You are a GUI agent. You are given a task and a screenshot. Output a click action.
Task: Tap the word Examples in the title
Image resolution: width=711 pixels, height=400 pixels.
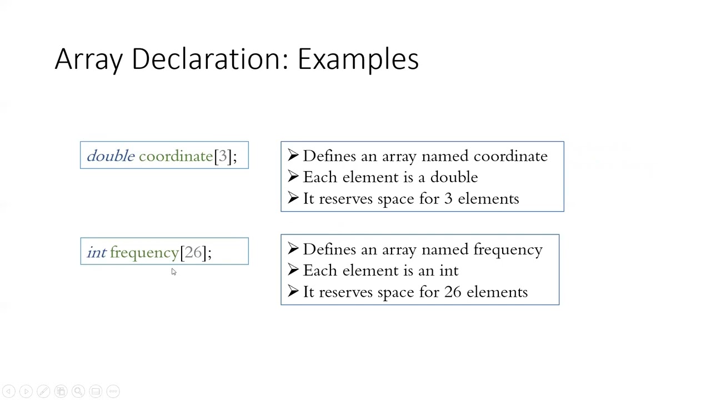[x=358, y=59]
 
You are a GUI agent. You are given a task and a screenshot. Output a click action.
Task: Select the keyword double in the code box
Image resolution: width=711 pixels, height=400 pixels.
[x=111, y=156]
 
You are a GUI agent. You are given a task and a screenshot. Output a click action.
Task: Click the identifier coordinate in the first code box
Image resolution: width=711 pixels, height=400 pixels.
[x=176, y=156]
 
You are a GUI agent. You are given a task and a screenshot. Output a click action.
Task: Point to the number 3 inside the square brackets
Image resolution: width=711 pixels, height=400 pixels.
[x=223, y=156]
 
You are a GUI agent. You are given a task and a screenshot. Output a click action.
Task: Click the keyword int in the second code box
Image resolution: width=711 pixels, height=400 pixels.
[x=96, y=253]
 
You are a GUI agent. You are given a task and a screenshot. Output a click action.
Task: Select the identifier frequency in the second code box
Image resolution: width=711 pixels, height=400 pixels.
[x=144, y=253]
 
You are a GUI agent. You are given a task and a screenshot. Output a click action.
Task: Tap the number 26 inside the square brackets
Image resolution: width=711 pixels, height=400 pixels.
[x=193, y=252]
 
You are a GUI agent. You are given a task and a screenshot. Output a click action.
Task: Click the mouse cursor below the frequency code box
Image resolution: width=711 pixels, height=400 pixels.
[x=173, y=272]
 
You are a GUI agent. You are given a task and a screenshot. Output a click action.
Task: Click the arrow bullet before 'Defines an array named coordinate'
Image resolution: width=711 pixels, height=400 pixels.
[x=293, y=156]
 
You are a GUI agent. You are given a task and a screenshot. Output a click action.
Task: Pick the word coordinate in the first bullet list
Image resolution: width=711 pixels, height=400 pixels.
[x=510, y=156]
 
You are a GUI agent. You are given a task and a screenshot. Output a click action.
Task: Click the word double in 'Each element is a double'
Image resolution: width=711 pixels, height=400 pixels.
[x=454, y=177]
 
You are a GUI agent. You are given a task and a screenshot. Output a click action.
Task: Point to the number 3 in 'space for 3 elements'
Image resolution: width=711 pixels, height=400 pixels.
[x=448, y=199]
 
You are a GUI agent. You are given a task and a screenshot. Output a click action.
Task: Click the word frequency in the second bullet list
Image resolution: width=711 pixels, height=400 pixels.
[x=508, y=249]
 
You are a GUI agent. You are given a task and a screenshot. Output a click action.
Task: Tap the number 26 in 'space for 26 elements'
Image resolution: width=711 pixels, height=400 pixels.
[x=453, y=292]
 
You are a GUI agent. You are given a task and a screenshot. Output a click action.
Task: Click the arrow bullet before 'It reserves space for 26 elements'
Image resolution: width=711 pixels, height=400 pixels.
[x=293, y=292]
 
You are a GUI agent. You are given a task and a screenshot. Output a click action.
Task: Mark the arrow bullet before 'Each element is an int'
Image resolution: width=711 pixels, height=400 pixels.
[x=293, y=271]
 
